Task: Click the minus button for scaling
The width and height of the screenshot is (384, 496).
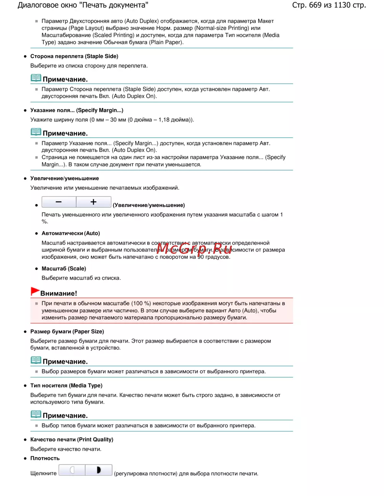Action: click(x=59, y=202)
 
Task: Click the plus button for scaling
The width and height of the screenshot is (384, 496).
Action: click(x=94, y=202)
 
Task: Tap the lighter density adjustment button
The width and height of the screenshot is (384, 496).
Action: click(x=72, y=470)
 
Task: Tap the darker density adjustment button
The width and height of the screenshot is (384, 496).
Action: click(x=99, y=470)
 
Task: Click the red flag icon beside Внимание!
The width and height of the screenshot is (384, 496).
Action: click(x=35, y=292)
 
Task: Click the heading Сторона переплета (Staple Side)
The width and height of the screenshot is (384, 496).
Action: click(x=74, y=56)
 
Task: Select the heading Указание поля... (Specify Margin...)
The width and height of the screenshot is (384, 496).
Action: click(x=77, y=110)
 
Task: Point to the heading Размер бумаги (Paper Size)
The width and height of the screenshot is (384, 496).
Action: click(x=67, y=332)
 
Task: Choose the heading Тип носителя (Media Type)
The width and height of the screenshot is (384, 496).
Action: click(x=66, y=386)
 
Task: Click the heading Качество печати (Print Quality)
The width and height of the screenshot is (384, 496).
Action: click(x=71, y=440)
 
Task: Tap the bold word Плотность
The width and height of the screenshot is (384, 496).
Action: click(x=45, y=458)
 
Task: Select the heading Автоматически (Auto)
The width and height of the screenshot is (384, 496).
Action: click(x=71, y=233)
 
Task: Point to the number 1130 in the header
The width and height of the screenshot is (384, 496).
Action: click(x=342, y=5)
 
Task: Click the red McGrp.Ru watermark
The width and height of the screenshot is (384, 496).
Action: click(x=194, y=249)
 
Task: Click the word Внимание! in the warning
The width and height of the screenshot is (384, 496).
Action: click(x=59, y=294)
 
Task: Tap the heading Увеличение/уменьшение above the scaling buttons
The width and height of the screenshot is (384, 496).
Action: click(x=65, y=179)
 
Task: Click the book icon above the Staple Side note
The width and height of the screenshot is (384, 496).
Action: click(x=36, y=78)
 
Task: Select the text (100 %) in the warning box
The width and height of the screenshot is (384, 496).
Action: click(x=141, y=304)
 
